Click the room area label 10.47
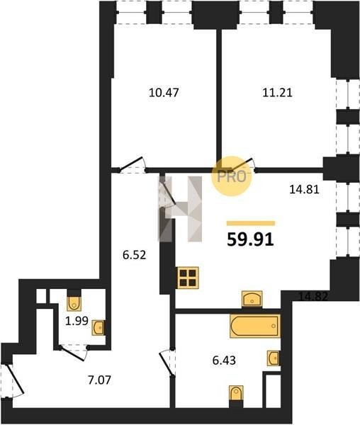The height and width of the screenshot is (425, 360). (164, 93)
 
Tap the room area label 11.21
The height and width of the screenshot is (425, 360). (277, 93)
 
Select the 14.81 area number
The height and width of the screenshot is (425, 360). (305, 189)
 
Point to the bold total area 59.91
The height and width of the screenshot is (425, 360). (250, 239)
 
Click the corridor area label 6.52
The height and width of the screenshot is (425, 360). (135, 255)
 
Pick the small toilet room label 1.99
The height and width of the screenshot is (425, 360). (77, 321)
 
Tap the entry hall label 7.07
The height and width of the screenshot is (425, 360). (99, 380)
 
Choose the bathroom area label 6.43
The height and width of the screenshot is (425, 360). (224, 361)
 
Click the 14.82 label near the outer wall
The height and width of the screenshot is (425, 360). (313, 296)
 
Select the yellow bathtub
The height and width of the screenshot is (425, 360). (255, 326)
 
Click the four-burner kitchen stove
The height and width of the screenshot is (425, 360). (188, 278)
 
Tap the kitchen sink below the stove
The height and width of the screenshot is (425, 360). (252, 299)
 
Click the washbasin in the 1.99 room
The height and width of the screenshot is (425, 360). (98, 328)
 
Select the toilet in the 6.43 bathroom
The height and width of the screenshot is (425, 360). (236, 393)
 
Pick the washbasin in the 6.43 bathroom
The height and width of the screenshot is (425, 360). (274, 358)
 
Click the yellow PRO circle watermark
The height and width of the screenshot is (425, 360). (232, 176)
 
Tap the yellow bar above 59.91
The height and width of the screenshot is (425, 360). (251, 223)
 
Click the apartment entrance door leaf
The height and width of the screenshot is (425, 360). (15, 379)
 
